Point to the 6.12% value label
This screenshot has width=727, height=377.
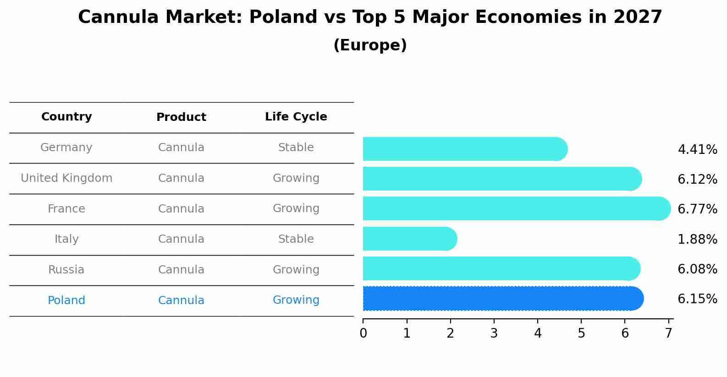(x=697, y=179)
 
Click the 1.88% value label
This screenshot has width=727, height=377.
(x=697, y=239)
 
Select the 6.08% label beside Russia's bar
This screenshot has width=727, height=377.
(x=697, y=269)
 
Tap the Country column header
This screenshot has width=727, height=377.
(x=66, y=117)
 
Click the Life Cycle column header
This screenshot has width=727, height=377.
(x=296, y=117)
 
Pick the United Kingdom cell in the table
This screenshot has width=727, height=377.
(x=66, y=178)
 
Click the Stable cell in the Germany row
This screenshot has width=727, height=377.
(x=296, y=148)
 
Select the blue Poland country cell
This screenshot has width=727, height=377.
(x=66, y=301)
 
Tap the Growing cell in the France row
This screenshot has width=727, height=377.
(x=296, y=208)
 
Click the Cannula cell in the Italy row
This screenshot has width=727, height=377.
(x=181, y=239)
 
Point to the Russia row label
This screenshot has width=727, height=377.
(x=66, y=270)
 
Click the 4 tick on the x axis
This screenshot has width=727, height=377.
(x=538, y=333)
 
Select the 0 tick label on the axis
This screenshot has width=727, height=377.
(x=363, y=333)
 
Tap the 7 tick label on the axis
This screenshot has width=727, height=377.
(x=669, y=333)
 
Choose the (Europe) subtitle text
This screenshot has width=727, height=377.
(x=370, y=45)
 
